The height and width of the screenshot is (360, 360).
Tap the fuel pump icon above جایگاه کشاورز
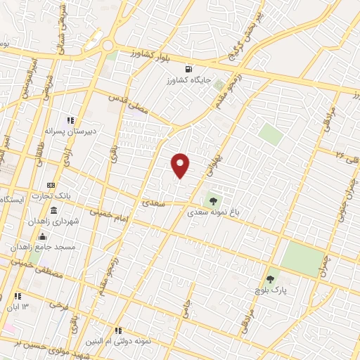(188, 69)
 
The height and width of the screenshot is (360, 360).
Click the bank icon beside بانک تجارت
(51, 184)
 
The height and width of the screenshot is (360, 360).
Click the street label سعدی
(153, 203)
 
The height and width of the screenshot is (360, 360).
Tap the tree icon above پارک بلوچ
(270, 279)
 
